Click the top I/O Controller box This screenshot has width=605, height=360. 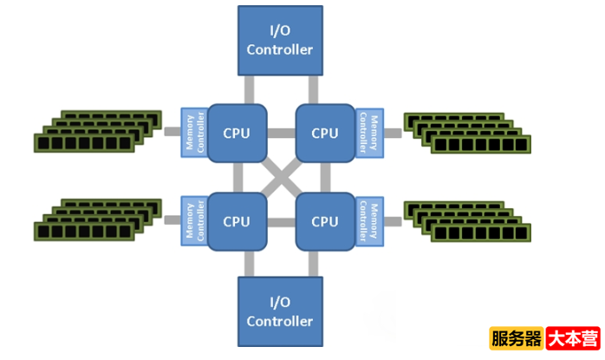pos(279,41)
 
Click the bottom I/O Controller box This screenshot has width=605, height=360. pos(279,312)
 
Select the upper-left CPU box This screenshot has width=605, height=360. pos(237,133)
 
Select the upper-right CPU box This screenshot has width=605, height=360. pos(324,133)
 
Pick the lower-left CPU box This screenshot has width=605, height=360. pos(237,221)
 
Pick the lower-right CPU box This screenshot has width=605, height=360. pos(324,221)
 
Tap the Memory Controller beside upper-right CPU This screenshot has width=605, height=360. pos(368,133)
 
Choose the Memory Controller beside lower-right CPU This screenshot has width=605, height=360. pos(368,221)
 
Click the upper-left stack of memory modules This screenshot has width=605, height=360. pos(99,132)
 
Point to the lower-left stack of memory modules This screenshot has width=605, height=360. pos(99,219)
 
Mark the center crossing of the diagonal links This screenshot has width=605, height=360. pos(280,177)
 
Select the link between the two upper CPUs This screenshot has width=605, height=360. pos(280,134)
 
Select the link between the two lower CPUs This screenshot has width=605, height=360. pos(280,222)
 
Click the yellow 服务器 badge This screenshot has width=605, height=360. pos(516,338)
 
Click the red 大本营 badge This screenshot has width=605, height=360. pos(573,338)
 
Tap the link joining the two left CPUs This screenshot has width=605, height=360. pos(237,177)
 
